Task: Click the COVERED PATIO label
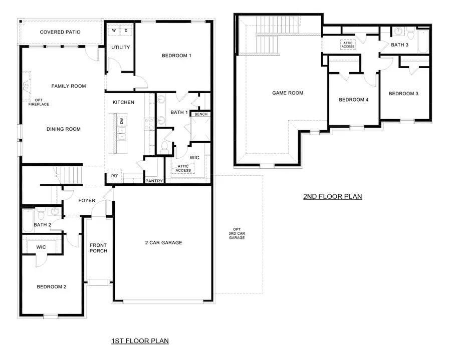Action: click(60, 32)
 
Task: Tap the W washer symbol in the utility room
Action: click(114, 31)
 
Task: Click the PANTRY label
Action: click(154, 181)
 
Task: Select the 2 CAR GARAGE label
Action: click(163, 242)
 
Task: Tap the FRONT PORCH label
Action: click(98, 248)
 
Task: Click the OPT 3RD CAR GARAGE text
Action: click(237, 233)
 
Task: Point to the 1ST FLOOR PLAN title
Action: click(140, 341)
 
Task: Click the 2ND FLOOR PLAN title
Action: click(332, 197)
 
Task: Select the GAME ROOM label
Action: click(288, 93)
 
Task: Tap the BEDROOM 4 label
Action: click(353, 100)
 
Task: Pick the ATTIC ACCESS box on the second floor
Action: click(348, 44)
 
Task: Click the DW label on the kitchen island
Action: click(122, 121)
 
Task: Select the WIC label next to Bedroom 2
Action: click(41, 247)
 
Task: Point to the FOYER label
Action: click(87, 200)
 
